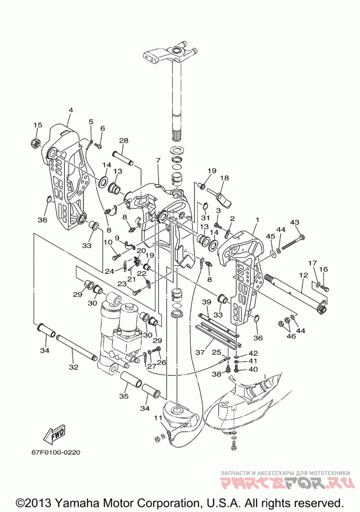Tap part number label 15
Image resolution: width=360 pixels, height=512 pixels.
(x=37, y=126)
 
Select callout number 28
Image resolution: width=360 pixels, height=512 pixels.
(x=123, y=141)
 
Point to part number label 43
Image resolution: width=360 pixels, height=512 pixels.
(x=295, y=222)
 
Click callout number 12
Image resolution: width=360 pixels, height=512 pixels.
(x=303, y=275)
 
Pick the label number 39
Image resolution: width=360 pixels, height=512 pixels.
(x=207, y=302)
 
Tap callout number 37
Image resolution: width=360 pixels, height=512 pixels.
(x=200, y=352)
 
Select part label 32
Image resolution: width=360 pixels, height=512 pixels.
(x=73, y=367)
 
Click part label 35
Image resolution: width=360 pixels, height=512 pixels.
(x=123, y=396)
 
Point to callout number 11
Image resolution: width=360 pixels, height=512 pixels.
(x=158, y=418)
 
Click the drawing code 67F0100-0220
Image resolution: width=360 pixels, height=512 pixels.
(x=55, y=453)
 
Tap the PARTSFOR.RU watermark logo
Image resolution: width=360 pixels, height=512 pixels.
(x=288, y=483)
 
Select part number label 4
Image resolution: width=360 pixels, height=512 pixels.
(x=71, y=110)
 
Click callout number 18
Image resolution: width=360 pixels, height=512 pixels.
(x=225, y=178)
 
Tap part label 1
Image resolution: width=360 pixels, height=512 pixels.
(x=257, y=220)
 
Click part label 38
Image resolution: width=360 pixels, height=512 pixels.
(x=217, y=375)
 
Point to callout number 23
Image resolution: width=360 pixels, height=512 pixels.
(x=122, y=284)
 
